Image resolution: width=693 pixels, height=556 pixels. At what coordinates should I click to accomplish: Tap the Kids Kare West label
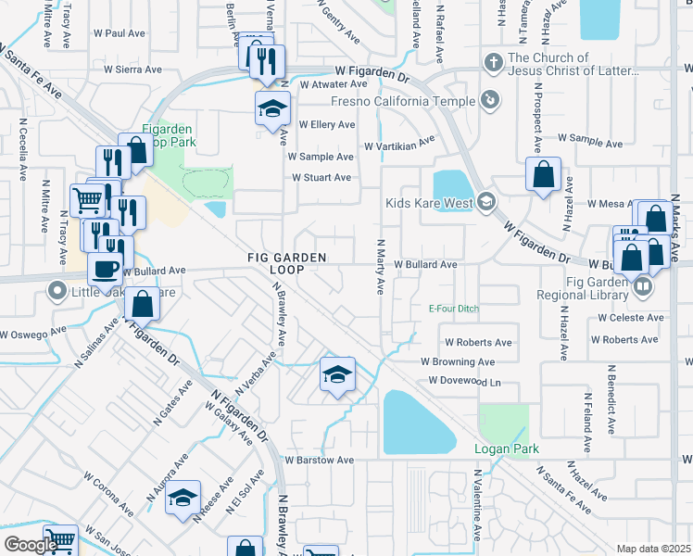pyautogui.click(x=430, y=202)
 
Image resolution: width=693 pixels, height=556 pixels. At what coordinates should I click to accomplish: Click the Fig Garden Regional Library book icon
pyautogui.click(x=641, y=287)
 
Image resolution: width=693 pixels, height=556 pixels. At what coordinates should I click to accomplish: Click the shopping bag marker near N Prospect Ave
pyautogui.click(x=543, y=173)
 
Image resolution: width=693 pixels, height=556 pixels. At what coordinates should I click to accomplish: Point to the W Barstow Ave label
pyautogui.click(x=320, y=460)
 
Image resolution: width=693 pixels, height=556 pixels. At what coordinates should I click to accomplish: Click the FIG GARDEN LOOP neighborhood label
pyautogui.click(x=274, y=262)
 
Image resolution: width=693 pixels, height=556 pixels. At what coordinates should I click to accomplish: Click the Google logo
pyautogui.click(x=31, y=545)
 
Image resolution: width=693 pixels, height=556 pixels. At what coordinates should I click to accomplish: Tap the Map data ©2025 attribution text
pyautogui.click(x=653, y=549)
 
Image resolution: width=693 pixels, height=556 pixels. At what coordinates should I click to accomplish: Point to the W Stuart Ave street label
pyautogui.click(x=321, y=177)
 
